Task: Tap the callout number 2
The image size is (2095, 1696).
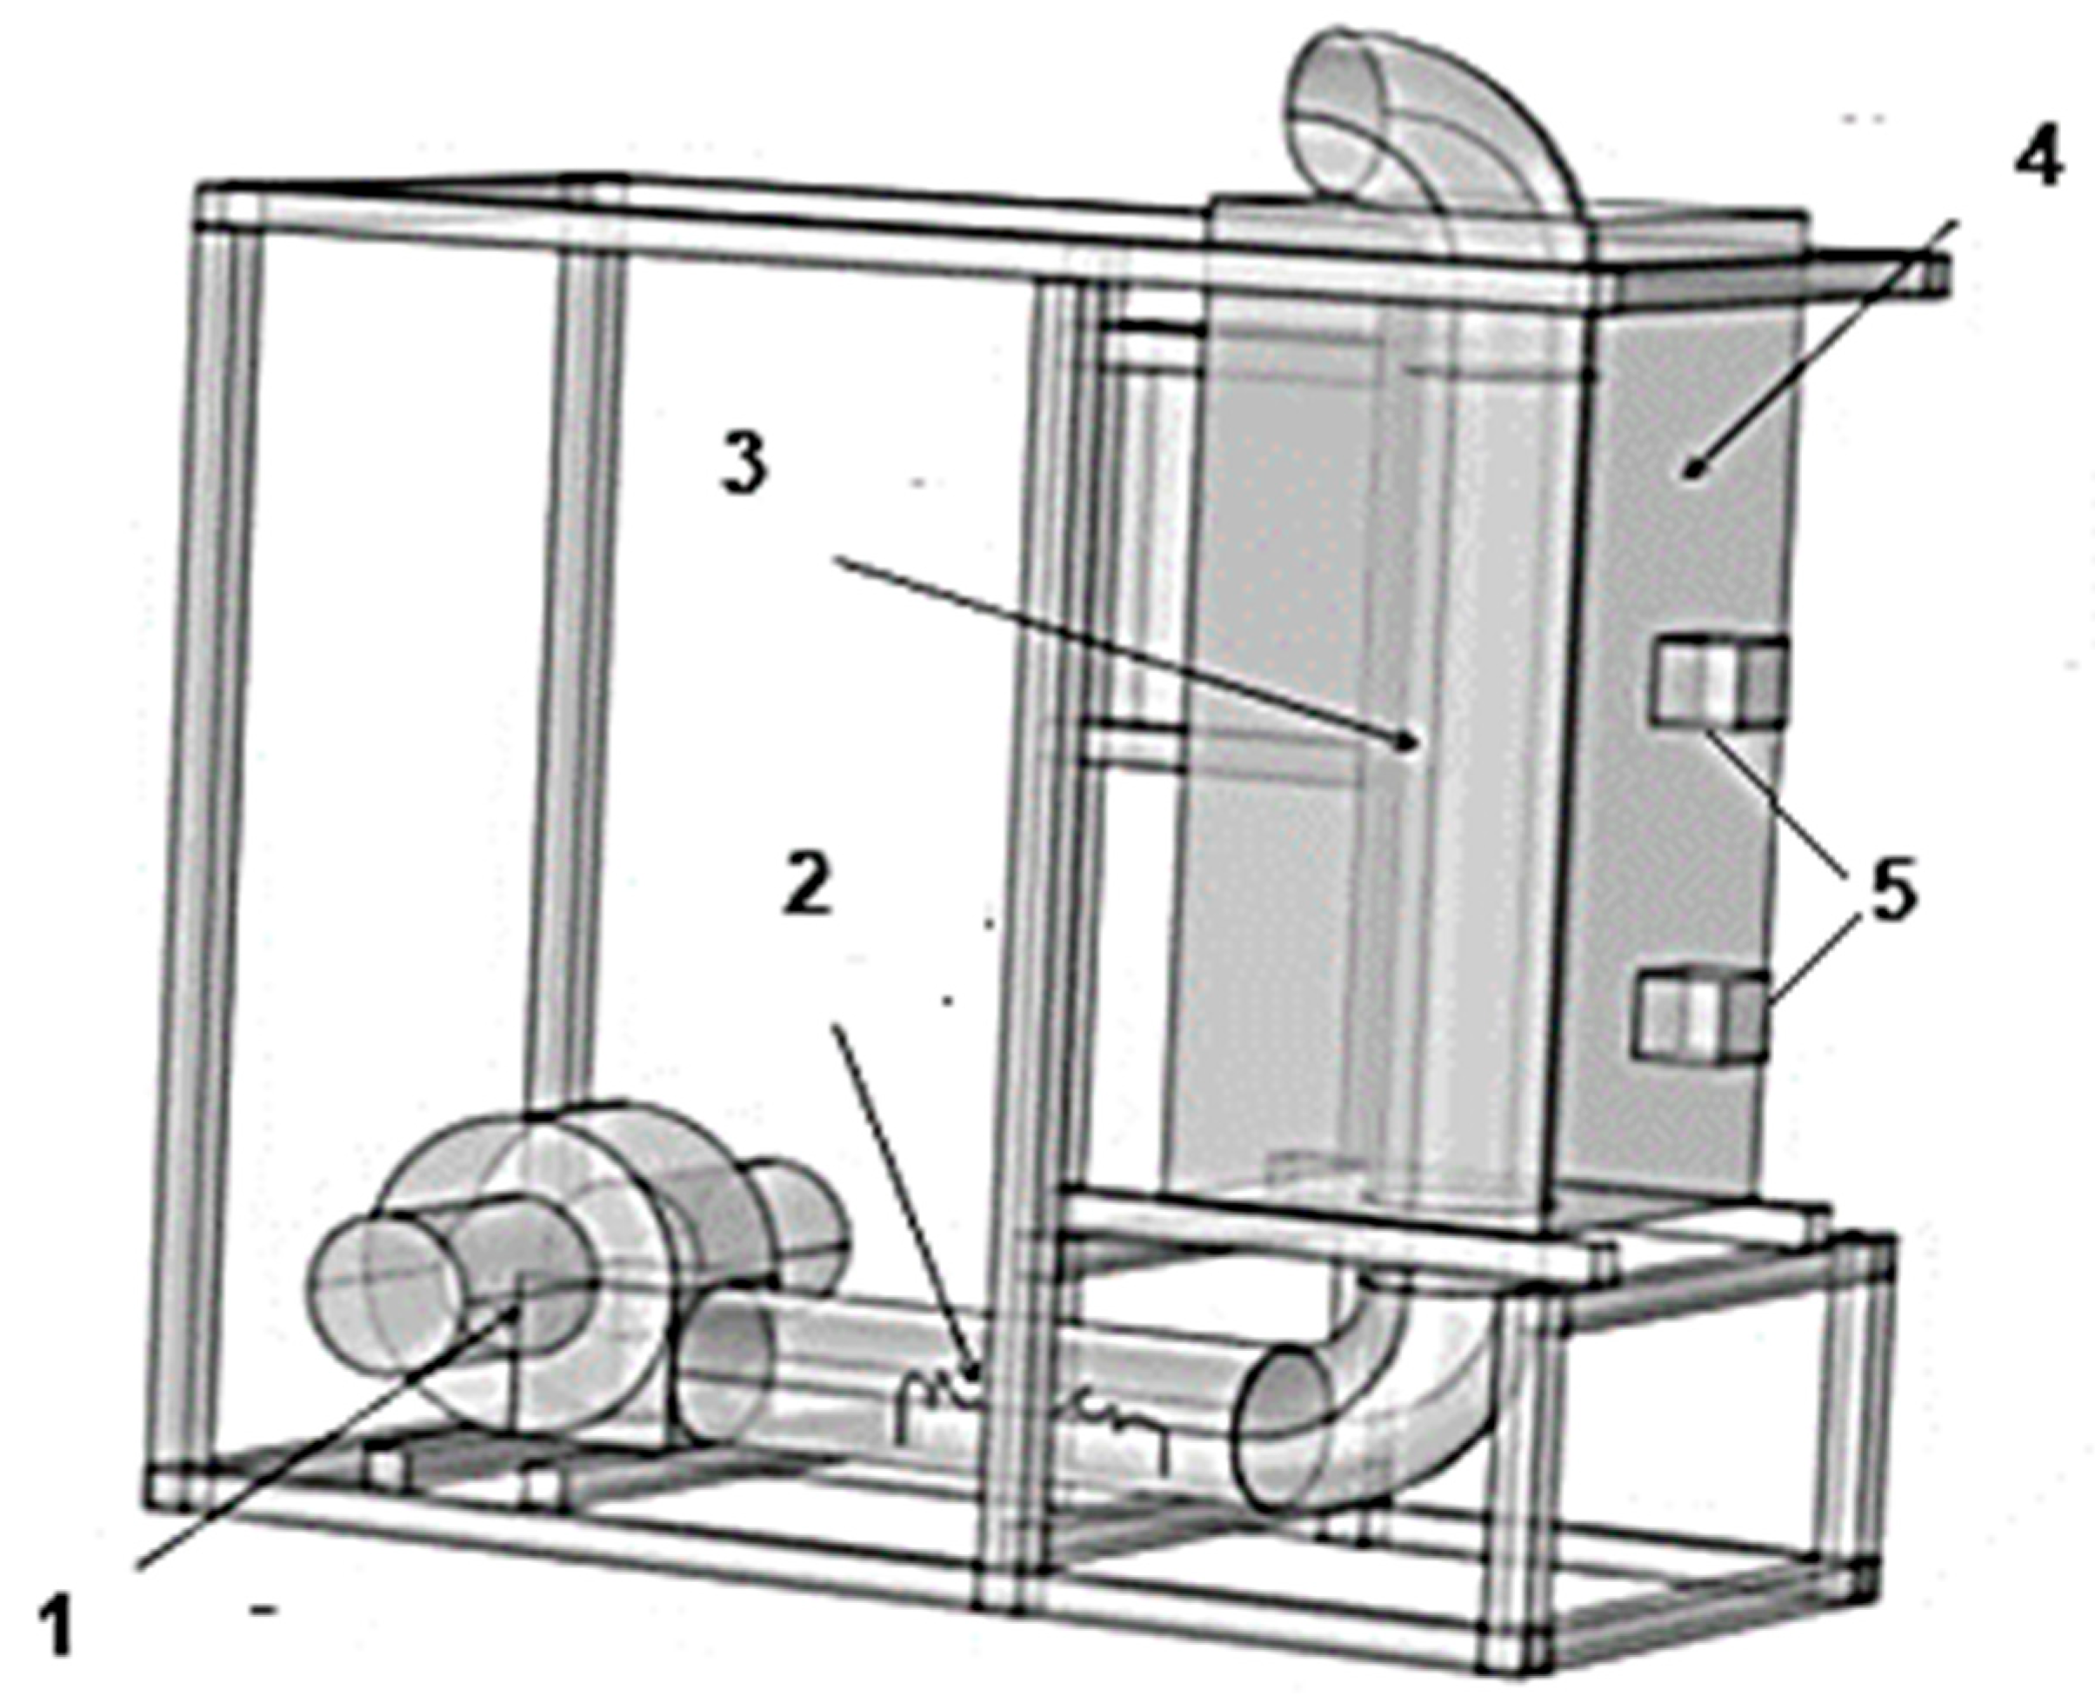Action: click(807, 885)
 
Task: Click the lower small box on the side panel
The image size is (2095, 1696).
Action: click(1702, 1016)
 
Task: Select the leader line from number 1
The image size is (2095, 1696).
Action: click(323, 1446)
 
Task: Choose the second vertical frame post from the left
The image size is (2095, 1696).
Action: click(577, 684)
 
